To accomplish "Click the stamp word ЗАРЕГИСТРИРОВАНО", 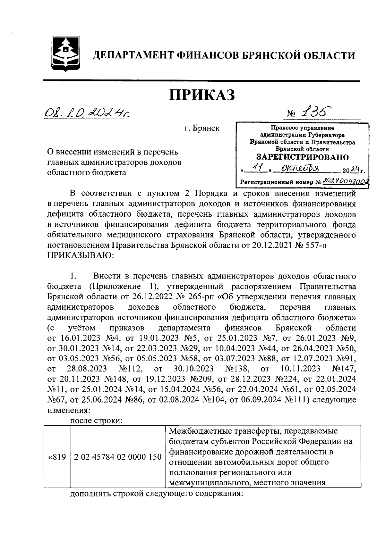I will (x=302, y=157).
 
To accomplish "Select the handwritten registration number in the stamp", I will (x=345, y=181).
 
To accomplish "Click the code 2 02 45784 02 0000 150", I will (x=117, y=457).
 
